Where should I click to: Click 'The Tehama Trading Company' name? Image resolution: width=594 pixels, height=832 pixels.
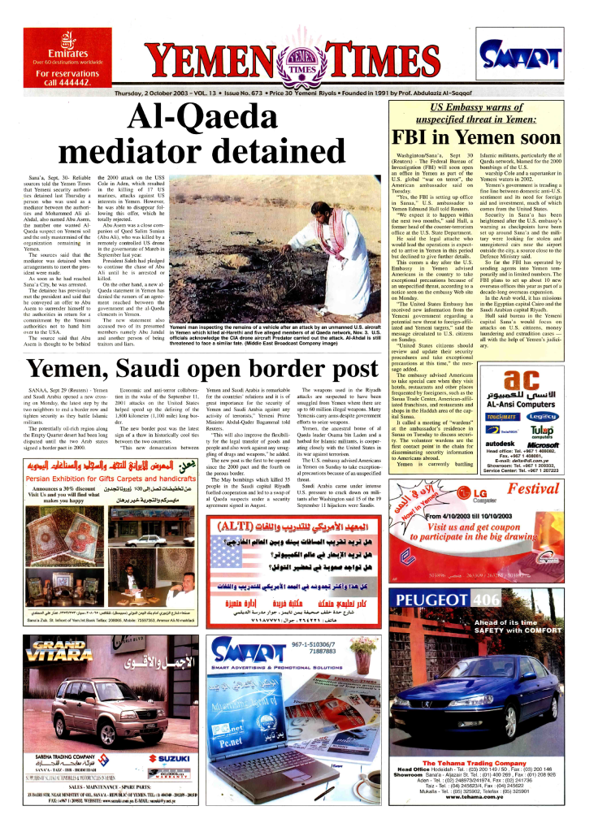coord(473,763)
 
